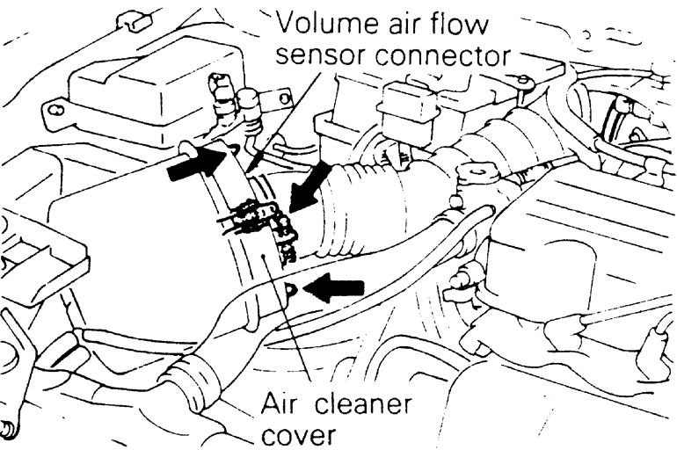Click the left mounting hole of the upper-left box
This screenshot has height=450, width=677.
coord(54,112)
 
